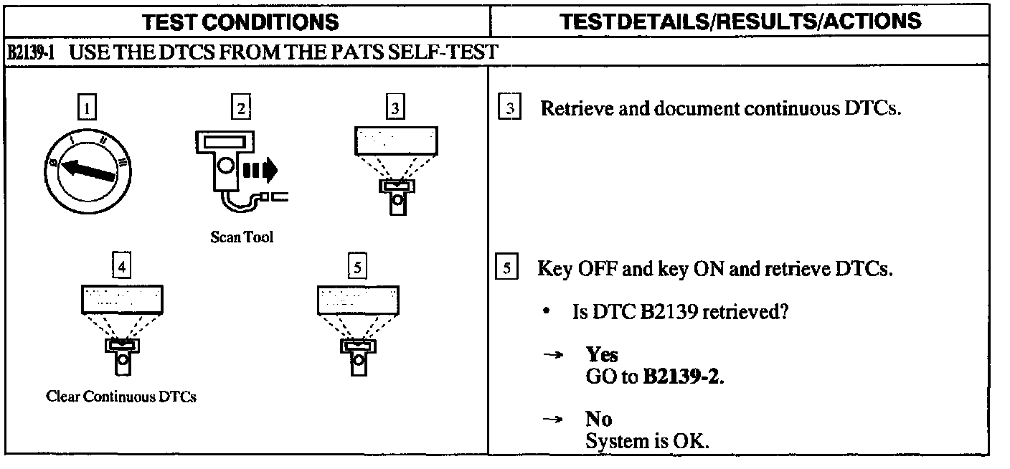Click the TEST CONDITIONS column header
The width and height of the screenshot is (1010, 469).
pos(241,22)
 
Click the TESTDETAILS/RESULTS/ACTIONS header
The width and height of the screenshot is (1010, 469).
pos(741,21)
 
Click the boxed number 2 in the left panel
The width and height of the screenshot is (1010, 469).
pos(242,109)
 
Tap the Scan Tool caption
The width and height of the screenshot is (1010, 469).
pos(242,237)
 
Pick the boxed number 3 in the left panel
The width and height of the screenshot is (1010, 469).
pos(395,109)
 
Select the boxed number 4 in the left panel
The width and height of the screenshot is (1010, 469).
pos(123,267)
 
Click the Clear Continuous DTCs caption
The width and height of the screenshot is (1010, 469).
pos(121,397)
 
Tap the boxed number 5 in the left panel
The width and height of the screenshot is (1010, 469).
pos(357,267)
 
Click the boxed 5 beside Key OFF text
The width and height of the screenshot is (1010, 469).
pos(506,270)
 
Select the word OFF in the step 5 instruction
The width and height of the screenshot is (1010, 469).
pos(593,270)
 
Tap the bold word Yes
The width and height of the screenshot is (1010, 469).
pos(601,354)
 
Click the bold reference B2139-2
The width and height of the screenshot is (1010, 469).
pos(682,376)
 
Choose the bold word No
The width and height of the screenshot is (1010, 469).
pos(598,420)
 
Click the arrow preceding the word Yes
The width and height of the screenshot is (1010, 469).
pos(552,355)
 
